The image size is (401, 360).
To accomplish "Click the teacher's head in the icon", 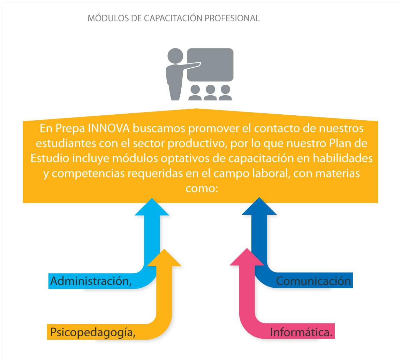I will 175,56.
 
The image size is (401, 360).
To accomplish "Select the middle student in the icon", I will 210,93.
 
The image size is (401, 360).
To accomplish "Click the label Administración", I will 91,281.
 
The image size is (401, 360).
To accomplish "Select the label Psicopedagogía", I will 93,332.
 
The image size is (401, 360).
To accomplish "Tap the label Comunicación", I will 313,281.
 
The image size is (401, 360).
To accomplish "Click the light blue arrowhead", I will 152,208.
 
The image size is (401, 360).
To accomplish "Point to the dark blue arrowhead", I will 259,207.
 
